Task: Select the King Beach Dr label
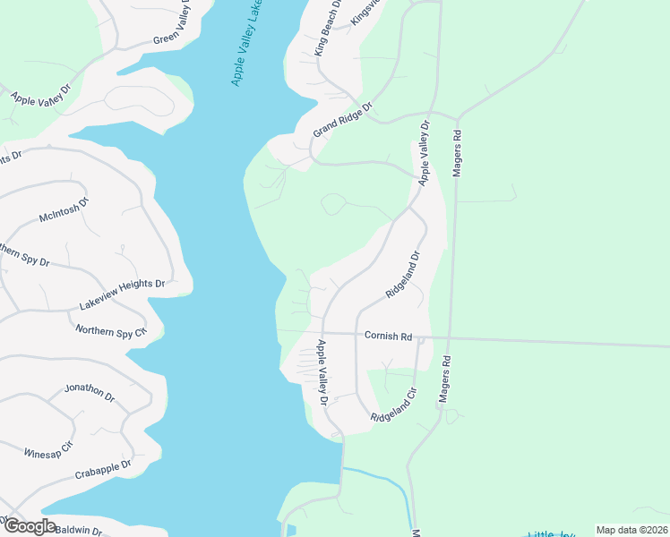(x=329, y=30)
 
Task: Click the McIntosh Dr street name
(x=64, y=210)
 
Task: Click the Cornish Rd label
(x=388, y=337)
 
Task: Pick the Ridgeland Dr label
(x=402, y=275)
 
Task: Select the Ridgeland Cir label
(x=395, y=405)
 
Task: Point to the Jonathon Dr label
(x=90, y=393)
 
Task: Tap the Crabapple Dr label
(x=103, y=469)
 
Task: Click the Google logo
(x=30, y=526)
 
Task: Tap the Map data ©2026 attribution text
(x=631, y=530)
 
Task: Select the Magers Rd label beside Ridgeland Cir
(x=444, y=381)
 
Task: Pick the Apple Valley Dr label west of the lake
(x=41, y=98)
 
